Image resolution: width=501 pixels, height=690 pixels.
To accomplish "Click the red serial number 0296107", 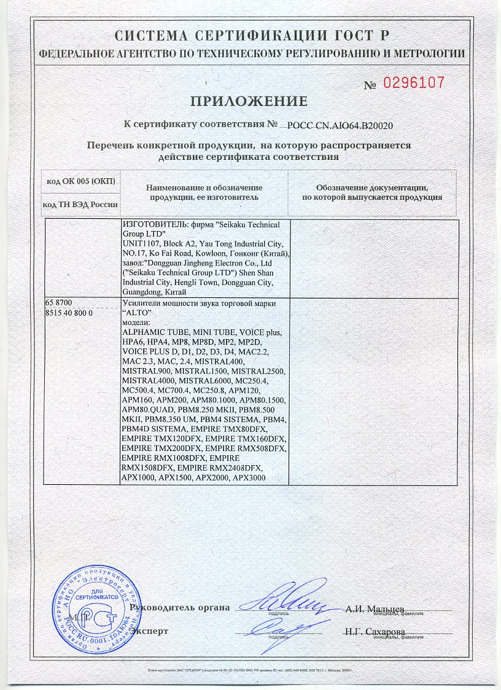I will pyautogui.click(x=413, y=83).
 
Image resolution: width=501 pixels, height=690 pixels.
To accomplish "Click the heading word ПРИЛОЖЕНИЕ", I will pyautogui.click(x=248, y=101).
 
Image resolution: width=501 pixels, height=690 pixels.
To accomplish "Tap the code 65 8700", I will pyautogui.click(x=59, y=304).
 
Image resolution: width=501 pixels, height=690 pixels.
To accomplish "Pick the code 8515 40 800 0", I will pyautogui.click(x=69, y=313).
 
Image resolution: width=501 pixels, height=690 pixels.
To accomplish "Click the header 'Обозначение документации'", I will pyautogui.click(x=371, y=187).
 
